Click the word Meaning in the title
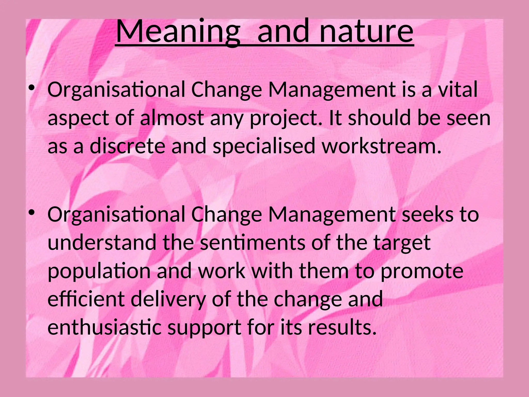tap(178, 32)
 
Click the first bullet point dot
tap(32, 88)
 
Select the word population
tap(99, 271)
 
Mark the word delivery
tap(168, 299)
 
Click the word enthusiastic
tap(105, 327)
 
